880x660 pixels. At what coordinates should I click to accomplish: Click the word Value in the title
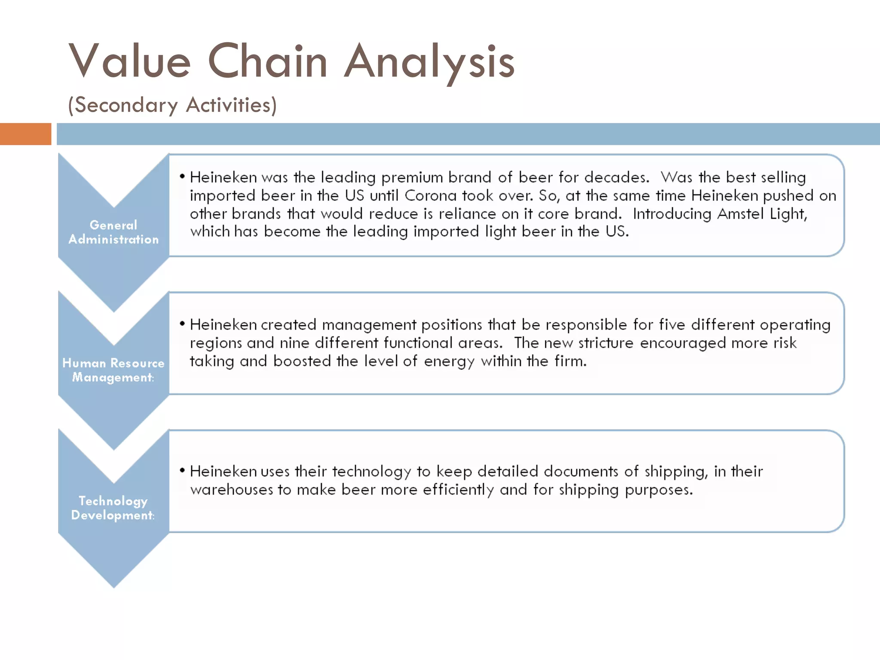click(129, 61)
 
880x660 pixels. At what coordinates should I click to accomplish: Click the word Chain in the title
click(267, 61)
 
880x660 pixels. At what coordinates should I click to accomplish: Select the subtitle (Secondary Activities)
click(172, 105)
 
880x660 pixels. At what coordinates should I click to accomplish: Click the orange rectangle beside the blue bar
click(25, 134)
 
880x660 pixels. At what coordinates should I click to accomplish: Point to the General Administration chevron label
click(113, 232)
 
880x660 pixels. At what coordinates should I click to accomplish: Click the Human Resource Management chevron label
click(113, 370)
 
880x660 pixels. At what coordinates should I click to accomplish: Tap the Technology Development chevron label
click(113, 508)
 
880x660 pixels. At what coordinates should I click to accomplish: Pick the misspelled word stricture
click(606, 343)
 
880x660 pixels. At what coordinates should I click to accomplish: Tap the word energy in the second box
click(449, 362)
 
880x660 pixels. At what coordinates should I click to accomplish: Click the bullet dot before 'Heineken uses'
click(183, 471)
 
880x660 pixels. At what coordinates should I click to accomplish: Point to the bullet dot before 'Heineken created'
click(183, 324)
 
